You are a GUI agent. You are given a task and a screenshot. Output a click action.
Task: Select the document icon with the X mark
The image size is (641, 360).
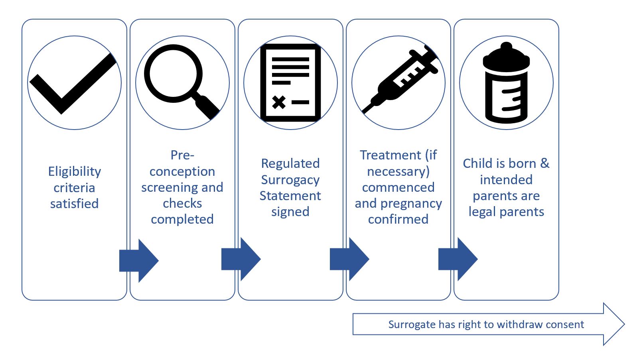tap(290, 83)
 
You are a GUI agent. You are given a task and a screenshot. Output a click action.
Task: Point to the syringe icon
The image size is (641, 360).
tap(401, 80)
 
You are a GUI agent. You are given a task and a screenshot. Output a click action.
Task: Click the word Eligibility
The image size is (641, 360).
tap(75, 171)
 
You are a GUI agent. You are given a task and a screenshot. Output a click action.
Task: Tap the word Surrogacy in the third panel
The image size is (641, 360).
tap(290, 180)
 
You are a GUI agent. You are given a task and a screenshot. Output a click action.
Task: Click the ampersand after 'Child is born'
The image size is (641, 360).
tap(545, 163)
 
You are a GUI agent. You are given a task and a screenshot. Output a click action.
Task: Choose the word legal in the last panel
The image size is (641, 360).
tap(481, 212)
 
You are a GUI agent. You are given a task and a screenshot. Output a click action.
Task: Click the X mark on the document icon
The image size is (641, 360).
tap(279, 102)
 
